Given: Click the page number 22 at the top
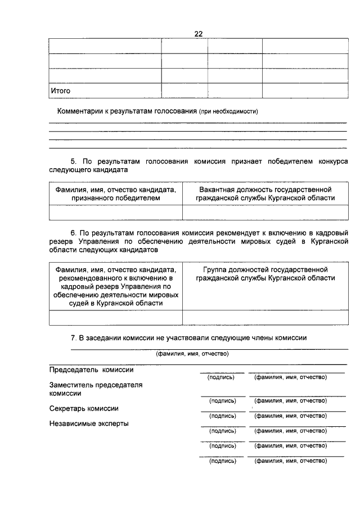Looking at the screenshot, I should tap(198, 34).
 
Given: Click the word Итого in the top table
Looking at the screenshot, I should tap(61, 90).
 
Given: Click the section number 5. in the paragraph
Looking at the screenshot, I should tap(74, 160).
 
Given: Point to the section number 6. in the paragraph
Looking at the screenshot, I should tap(74, 232).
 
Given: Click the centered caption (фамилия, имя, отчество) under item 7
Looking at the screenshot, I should tap(192, 354).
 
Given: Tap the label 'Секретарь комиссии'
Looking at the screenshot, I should tap(84, 408).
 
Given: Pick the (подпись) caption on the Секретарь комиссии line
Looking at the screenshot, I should tap(222, 416).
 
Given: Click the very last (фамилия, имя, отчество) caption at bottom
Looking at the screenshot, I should tap(291, 461).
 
